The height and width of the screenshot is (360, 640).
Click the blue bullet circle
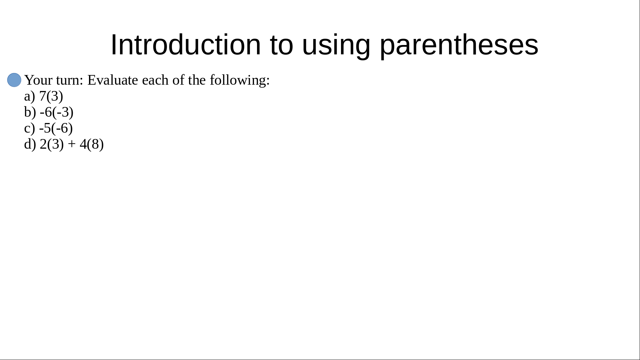(14, 80)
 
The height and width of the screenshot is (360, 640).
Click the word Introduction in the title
(186, 45)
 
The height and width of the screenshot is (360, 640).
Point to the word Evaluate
(113, 80)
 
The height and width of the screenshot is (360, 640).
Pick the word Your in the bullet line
(38, 80)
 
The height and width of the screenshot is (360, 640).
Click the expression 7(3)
(51, 96)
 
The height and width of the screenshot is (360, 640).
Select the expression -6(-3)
(57, 112)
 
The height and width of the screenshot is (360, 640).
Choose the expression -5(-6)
(56, 128)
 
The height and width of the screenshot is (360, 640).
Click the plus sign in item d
(72, 144)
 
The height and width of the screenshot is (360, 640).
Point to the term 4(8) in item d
(92, 144)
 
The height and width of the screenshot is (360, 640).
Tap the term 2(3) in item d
(52, 144)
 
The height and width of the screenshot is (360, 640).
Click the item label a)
(30, 96)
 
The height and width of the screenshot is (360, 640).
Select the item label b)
(30, 112)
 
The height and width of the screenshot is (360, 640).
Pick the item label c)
(30, 128)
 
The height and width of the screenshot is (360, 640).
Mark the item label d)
(30, 144)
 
